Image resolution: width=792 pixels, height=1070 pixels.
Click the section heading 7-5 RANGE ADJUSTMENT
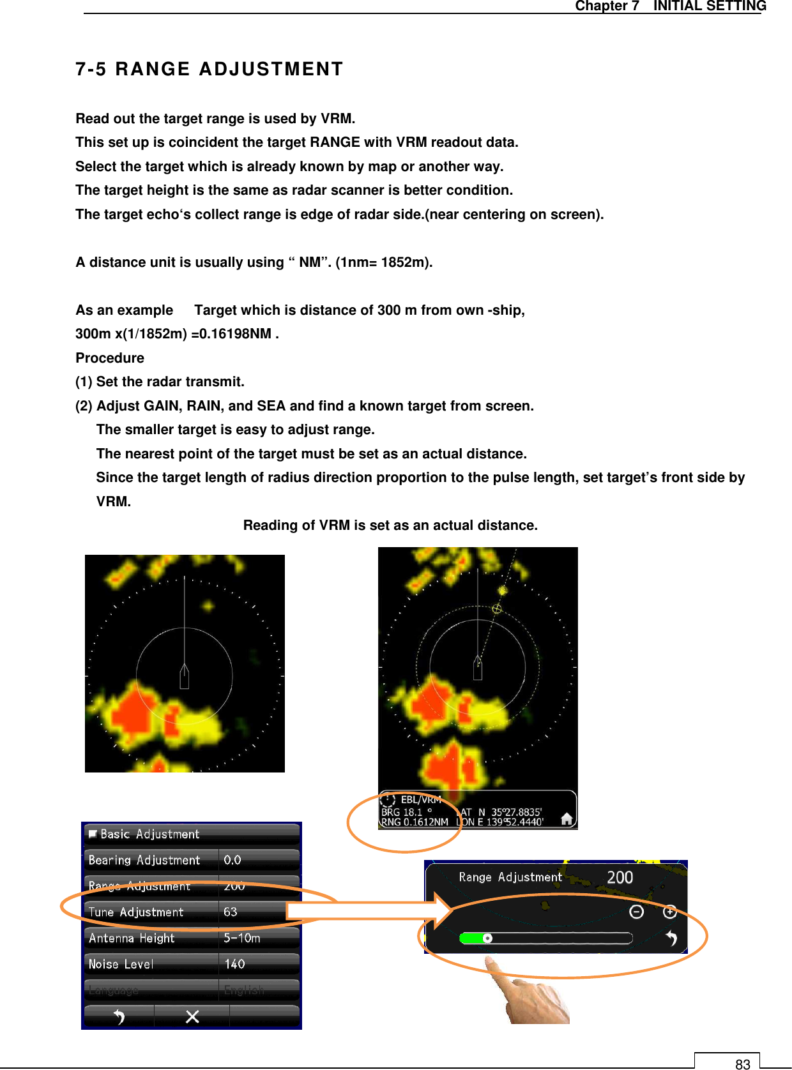209,69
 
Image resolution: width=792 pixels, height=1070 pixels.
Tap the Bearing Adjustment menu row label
144,860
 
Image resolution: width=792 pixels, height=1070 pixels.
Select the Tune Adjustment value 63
231,912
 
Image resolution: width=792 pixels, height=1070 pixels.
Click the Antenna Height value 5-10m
241,938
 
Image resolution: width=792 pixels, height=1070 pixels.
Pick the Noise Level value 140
234,964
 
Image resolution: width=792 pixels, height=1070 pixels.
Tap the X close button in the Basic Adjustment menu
192,1016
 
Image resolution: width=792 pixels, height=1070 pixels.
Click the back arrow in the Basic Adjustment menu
119,1016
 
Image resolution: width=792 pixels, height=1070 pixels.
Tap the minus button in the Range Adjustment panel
636,912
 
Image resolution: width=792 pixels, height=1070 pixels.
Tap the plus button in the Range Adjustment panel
669,912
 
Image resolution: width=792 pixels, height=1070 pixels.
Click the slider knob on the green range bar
487,938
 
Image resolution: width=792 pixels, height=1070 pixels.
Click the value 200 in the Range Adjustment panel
619,877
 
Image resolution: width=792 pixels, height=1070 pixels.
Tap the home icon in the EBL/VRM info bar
566,818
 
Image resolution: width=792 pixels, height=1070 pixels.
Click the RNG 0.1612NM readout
415,822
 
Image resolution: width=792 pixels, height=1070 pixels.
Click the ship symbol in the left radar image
185,677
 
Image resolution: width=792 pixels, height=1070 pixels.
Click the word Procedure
110,358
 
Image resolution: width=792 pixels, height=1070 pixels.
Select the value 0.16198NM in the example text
235,334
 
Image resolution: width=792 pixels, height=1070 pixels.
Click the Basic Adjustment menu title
149,834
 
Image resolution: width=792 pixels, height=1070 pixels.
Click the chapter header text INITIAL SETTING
709,6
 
